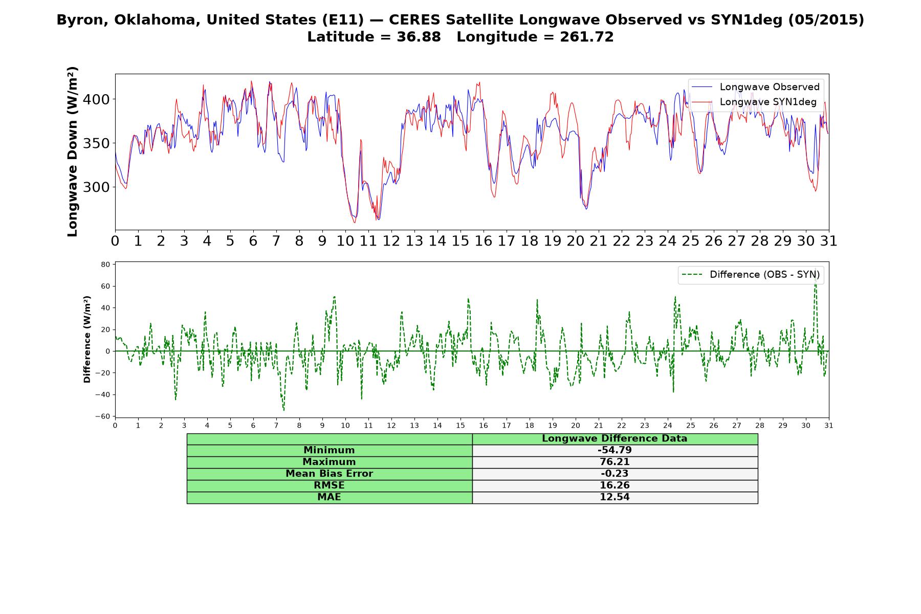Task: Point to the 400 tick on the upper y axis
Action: tap(96, 99)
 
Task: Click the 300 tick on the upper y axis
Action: tap(96, 187)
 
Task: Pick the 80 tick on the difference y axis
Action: tap(106, 265)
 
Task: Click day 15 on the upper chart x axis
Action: tap(460, 240)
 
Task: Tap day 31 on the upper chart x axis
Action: tap(828, 240)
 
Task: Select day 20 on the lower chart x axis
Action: tap(576, 425)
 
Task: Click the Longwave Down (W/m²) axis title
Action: tap(72, 151)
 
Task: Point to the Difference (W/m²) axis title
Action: tap(87, 339)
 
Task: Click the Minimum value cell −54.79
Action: tap(615, 450)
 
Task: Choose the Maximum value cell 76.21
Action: tap(615, 462)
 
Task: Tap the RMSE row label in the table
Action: tap(329, 486)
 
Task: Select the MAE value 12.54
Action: tap(615, 497)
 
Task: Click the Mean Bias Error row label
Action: tap(329, 474)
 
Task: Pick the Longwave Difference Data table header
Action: tap(615, 438)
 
